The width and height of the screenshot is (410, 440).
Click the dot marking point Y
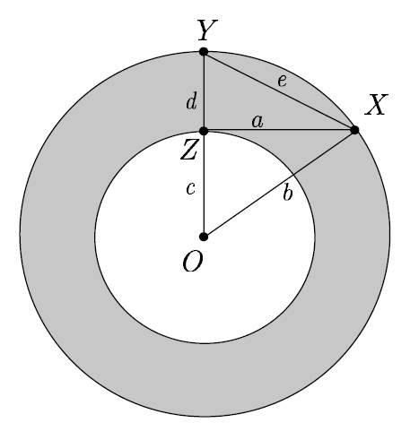204,52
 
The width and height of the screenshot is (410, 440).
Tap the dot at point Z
204,131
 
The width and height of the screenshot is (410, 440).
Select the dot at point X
355,131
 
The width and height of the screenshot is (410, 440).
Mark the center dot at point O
204,237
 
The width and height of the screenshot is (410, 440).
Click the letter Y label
205,30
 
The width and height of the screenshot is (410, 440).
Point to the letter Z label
189,151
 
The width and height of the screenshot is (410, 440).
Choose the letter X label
376,107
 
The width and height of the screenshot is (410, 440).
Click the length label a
257,120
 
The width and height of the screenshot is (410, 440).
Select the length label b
287,193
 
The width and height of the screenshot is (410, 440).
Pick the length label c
190,189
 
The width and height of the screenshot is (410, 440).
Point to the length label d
190,102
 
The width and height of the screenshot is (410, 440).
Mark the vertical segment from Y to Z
204,90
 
